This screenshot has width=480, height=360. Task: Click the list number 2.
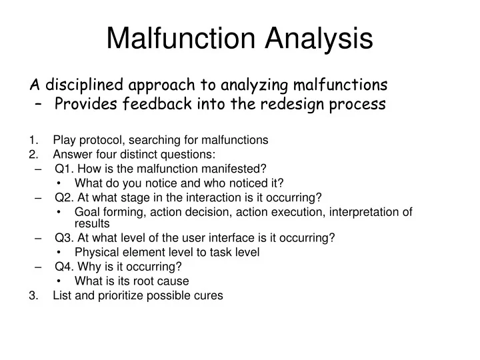tap(33, 154)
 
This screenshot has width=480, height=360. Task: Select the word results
tap(92, 223)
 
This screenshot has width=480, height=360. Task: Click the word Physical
tap(95, 252)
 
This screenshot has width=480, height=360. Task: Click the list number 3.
tap(33, 295)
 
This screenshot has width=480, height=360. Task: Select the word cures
tap(209, 295)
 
